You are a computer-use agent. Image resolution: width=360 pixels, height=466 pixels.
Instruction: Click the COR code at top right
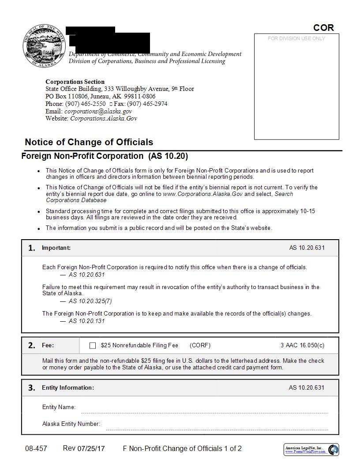point(323,27)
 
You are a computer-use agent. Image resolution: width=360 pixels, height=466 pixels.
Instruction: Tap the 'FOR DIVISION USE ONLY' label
point(296,38)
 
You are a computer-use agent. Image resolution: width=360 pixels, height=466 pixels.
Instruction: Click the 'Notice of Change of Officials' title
point(89,142)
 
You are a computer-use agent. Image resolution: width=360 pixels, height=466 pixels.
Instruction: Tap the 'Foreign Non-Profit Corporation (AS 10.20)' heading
point(105,156)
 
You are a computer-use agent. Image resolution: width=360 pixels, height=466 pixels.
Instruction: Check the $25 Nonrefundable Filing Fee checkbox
point(93,346)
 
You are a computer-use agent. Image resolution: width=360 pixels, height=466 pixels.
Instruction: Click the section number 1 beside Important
point(31,248)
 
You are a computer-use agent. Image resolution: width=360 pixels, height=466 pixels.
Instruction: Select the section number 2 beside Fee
point(31,346)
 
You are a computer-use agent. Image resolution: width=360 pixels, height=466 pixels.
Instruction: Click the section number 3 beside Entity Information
point(31,388)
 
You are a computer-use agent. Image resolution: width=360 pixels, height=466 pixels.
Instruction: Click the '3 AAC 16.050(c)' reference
point(302,345)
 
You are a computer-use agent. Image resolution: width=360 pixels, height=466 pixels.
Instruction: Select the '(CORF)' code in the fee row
point(200,345)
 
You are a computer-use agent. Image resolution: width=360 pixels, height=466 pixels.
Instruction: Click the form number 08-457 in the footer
point(36,448)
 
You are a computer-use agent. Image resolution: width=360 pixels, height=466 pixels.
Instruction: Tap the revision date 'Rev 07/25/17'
point(84,448)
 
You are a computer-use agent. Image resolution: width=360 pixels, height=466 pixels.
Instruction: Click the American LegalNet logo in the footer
point(311,450)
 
